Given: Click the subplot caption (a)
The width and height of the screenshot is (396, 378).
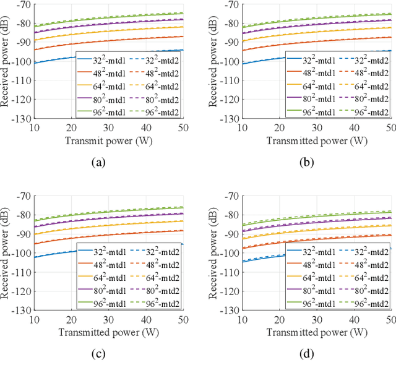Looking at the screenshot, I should (98, 163).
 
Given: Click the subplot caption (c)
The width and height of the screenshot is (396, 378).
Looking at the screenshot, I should (98, 355).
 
